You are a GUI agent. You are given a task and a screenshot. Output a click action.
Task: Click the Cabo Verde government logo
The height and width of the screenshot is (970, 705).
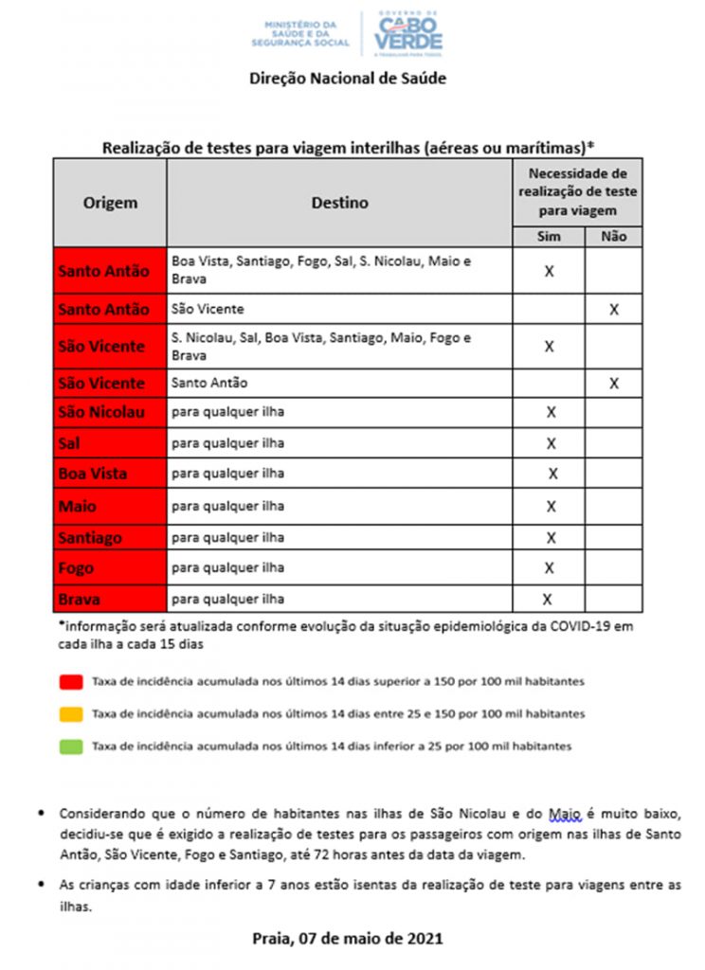pyautogui.click(x=407, y=34)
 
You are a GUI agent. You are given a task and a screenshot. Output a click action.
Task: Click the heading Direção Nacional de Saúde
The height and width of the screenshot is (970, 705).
pyautogui.click(x=347, y=79)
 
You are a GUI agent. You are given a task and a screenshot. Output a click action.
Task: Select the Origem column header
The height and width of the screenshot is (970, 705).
pyautogui.click(x=110, y=203)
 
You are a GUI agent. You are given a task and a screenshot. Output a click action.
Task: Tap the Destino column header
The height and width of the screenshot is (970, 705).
pyautogui.click(x=339, y=203)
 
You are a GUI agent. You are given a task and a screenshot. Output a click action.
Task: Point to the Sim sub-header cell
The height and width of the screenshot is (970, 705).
pyautogui.click(x=549, y=236)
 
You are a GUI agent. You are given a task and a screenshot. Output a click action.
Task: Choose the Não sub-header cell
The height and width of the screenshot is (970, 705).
pyautogui.click(x=613, y=236)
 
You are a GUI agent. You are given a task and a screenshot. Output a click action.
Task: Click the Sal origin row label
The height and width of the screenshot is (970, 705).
pyautogui.click(x=68, y=442)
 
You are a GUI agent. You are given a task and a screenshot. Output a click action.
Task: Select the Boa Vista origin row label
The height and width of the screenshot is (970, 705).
pyautogui.click(x=92, y=474)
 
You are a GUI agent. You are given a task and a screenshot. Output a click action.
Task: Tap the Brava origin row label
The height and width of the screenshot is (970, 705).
pyautogui.click(x=79, y=600)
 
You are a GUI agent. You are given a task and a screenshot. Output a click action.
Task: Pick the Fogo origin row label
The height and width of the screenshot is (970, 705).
pyautogui.click(x=76, y=568)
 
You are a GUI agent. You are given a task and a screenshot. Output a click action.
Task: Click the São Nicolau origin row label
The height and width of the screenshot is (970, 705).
pyautogui.click(x=101, y=412)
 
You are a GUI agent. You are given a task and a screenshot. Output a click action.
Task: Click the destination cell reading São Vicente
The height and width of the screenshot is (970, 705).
pyautogui.click(x=208, y=309)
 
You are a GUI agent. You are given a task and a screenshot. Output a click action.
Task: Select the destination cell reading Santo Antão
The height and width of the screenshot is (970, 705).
pyautogui.click(x=209, y=383)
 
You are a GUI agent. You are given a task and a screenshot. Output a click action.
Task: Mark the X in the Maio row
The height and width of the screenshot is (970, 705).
pyautogui.click(x=550, y=506)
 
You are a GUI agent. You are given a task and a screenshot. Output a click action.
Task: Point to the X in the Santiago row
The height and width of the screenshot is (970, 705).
pyautogui.click(x=550, y=537)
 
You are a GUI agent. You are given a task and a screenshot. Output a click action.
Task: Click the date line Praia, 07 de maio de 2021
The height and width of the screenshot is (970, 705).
pyautogui.click(x=347, y=939)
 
